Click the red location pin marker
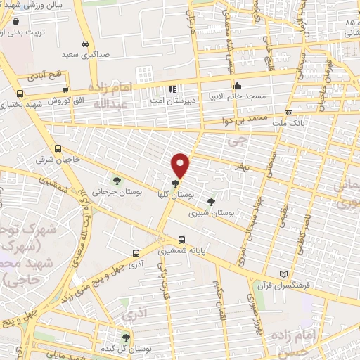[x=181, y=165]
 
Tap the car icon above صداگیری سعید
[x=84, y=43]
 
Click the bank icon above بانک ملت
[x=288, y=112]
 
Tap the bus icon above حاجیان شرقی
[x=58, y=148]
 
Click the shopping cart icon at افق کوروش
[x=65, y=90]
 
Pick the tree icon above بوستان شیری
[x=211, y=201]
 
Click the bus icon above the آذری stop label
[x=136, y=254]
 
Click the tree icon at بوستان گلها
[x=175, y=182]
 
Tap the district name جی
[x=243, y=140]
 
